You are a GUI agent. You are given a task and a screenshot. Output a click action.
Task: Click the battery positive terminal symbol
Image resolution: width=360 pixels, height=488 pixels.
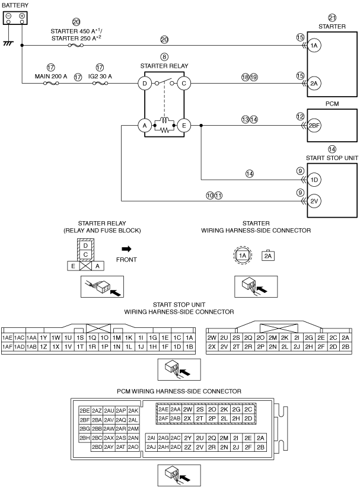[22, 16]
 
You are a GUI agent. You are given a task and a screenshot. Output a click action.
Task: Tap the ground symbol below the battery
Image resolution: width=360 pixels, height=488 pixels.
[8, 43]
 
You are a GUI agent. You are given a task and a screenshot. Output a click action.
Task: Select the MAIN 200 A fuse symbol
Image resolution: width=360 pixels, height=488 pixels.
[51, 83]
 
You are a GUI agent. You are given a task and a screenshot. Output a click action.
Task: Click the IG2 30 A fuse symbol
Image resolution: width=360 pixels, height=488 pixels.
[100, 83]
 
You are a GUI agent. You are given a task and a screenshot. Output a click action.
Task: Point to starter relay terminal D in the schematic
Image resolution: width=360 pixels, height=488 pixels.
[145, 83]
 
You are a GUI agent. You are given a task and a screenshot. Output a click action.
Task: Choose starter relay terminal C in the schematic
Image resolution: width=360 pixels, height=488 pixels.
[184, 83]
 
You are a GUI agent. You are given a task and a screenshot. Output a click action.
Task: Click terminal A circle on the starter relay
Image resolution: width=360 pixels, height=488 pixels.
[145, 126]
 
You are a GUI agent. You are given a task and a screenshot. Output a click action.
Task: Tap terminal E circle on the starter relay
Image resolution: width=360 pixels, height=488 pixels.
[184, 126]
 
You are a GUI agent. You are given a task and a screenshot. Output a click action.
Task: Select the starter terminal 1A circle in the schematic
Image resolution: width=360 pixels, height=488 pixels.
[314, 46]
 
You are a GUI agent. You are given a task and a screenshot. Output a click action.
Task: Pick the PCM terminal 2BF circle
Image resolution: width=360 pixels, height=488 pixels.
[314, 126]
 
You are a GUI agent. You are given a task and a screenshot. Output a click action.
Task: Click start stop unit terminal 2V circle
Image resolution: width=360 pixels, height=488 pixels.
[314, 201]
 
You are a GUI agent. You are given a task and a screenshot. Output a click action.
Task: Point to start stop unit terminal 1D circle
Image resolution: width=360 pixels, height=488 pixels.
[314, 180]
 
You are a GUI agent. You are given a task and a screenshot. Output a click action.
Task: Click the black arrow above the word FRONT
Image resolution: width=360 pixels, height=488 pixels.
[126, 248]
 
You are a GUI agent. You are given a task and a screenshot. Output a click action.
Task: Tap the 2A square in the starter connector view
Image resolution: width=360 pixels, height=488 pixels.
[268, 256]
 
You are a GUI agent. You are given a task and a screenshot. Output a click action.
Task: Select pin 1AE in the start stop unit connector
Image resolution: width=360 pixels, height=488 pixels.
[7, 337]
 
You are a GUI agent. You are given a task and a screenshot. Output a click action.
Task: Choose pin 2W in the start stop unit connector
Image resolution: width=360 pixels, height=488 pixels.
[212, 337]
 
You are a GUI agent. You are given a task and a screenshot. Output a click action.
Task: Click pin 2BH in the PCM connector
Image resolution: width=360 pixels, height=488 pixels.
[85, 438]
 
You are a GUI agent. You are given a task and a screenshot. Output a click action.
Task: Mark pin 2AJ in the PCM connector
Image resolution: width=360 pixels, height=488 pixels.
[151, 447]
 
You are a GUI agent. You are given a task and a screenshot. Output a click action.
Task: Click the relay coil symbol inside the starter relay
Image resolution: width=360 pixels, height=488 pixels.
[164, 120]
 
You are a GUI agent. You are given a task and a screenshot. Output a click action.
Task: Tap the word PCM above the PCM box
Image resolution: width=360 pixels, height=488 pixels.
[332, 104]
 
